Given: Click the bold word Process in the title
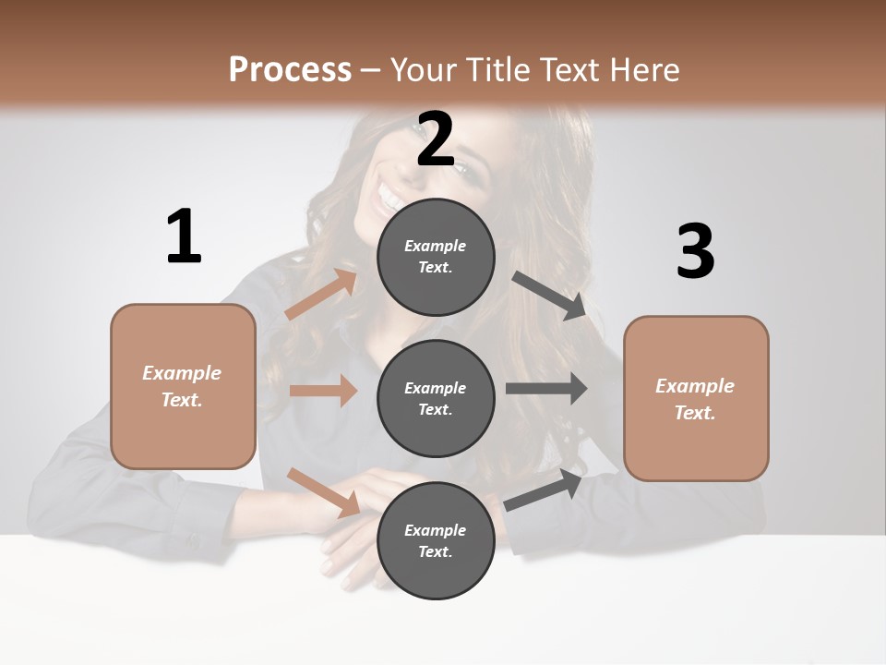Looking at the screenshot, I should (x=290, y=69).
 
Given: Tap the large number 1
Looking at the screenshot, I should (x=184, y=236).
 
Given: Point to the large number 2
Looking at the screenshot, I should (x=436, y=139).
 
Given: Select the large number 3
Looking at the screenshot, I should (x=695, y=252).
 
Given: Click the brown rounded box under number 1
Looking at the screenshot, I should (x=183, y=386).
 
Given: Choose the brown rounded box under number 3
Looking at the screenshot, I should (x=696, y=399).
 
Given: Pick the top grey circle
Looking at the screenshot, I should (x=436, y=257).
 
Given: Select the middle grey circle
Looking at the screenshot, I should (x=436, y=398).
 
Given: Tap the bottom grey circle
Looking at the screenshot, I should (x=436, y=540).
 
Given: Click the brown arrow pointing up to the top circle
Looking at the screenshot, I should (x=321, y=295).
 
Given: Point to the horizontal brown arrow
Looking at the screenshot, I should (x=323, y=391).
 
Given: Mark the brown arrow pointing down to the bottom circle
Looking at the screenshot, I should (x=323, y=491).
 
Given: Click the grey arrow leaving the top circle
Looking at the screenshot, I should (x=550, y=295).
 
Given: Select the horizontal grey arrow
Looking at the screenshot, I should (x=546, y=389).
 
